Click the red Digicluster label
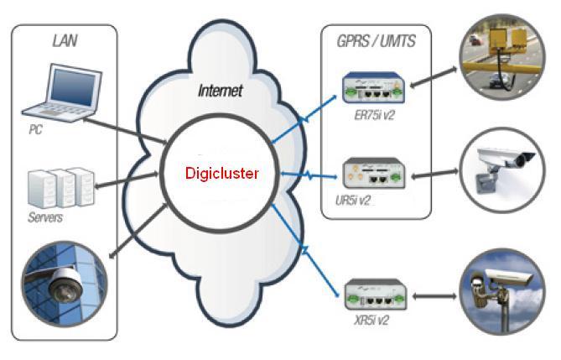222,174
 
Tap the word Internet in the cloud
220,90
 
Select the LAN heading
64,40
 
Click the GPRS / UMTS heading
375,40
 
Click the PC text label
34,131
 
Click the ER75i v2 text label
374,115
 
